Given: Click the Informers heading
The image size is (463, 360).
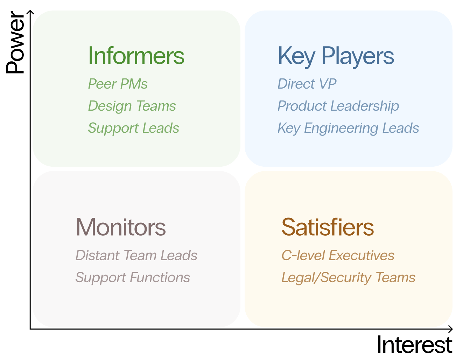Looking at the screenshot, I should [x=136, y=56].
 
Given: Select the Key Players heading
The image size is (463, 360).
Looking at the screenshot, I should [x=336, y=56].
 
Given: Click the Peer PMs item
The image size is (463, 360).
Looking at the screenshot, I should [x=118, y=84].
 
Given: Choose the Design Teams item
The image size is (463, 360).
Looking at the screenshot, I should [x=132, y=106].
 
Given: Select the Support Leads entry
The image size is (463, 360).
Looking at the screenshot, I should [x=133, y=128].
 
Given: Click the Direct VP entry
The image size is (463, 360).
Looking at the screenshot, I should [x=307, y=84].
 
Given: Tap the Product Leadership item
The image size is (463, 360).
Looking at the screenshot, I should [x=338, y=106].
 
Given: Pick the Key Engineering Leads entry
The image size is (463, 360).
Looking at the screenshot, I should [x=348, y=128].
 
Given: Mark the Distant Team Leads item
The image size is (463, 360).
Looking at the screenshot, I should [x=136, y=256].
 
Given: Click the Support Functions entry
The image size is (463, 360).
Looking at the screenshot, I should [x=133, y=278].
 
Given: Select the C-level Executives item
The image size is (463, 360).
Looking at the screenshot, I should [x=338, y=256].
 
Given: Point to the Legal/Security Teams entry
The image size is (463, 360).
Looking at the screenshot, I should [x=348, y=278].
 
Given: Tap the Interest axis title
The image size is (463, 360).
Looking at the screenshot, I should [x=414, y=345].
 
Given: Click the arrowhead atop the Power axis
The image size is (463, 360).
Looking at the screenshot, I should [x=30, y=13].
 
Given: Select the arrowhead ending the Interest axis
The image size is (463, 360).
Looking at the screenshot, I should [x=450, y=329].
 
